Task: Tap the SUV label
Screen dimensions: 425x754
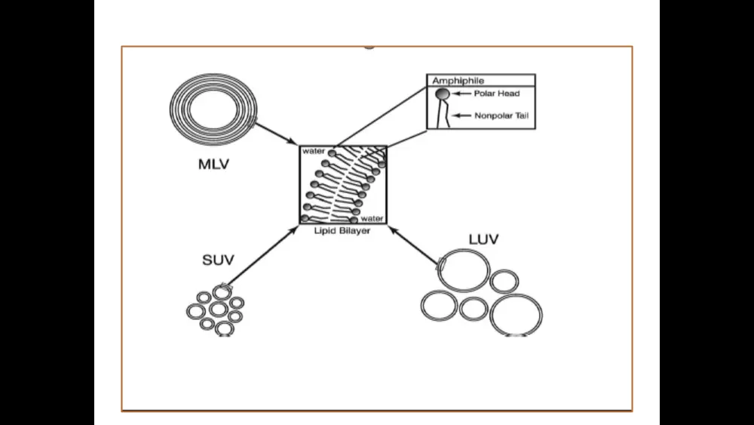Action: click(x=217, y=260)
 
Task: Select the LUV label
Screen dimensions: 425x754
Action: click(x=483, y=240)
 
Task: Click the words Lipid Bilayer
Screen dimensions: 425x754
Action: click(x=342, y=231)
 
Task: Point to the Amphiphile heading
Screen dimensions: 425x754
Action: click(x=458, y=80)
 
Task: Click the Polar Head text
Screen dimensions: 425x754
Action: click(x=497, y=94)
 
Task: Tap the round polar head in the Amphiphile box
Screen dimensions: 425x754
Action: click(x=443, y=94)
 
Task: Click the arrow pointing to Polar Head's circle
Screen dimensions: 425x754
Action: click(x=461, y=94)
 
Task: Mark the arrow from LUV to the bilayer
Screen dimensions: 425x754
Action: click(x=415, y=245)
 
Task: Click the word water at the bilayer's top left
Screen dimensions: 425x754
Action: click(x=314, y=151)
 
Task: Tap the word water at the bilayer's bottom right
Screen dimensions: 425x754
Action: click(x=372, y=219)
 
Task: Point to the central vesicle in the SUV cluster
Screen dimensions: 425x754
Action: click(x=218, y=309)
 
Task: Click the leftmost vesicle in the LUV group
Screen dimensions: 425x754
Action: click(x=437, y=306)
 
